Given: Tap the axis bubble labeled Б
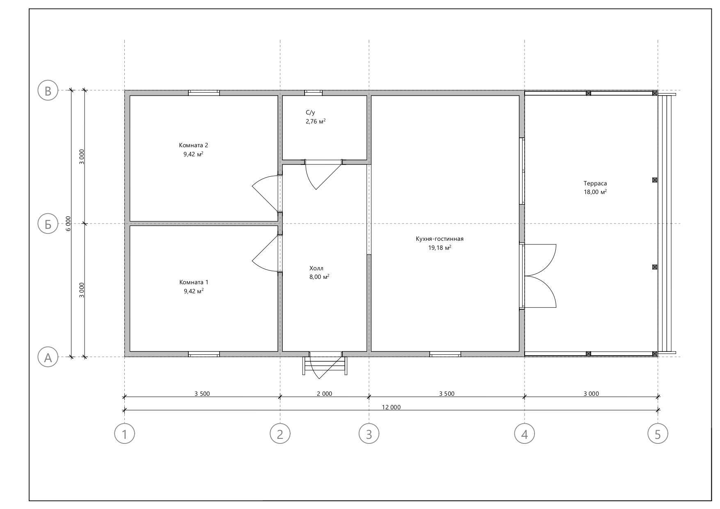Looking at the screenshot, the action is [48, 224].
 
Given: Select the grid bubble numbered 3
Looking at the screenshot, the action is [369, 434].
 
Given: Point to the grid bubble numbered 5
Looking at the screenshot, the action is [658, 434].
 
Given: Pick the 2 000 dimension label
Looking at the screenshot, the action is [324, 394].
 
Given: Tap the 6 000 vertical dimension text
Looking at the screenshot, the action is [69, 224].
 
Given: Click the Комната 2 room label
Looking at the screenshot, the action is [193, 145].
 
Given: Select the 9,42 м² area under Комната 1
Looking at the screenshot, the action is [194, 291].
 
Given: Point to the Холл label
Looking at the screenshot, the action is [316, 268].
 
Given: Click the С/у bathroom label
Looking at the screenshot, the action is [310, 112].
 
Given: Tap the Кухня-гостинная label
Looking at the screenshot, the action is [440, 239].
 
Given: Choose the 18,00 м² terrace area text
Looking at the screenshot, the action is [595, 192].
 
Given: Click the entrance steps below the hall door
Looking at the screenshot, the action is [325, 365].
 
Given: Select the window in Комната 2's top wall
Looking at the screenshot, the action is [204, 93].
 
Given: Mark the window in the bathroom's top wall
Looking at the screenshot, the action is [314, 93].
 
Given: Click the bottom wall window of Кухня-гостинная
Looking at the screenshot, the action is [445, 354].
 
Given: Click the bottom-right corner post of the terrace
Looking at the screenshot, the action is [655, 354].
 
